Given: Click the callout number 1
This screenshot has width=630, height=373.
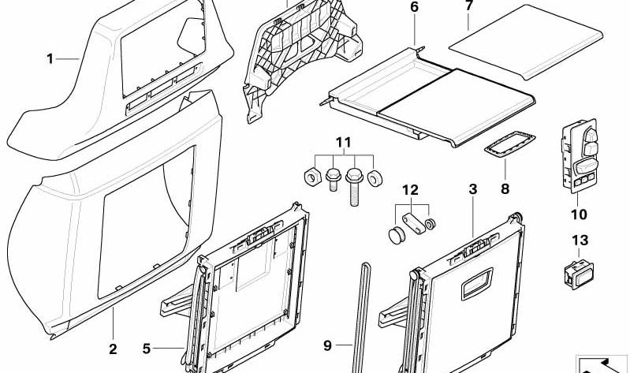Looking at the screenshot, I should pyautogui.click(x=50, y=58).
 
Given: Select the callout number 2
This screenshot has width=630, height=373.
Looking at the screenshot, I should pyautogui.click(x=113, y=349).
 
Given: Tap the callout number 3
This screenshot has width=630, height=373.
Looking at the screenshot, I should pyautogui.click(x=472, y=189).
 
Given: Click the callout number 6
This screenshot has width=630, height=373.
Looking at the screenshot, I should pyautogui.click(x=415, y=7).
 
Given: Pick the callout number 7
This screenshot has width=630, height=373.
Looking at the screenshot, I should pyautogui.click(x=468, y=6).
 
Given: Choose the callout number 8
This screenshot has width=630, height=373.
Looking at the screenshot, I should pyautogui.click(x=505, y=189).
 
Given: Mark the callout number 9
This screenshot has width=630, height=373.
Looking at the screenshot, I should pyautogui.click(x=328, y=345).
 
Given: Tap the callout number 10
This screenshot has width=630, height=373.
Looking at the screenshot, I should pyautogui.click(x=580, y=214).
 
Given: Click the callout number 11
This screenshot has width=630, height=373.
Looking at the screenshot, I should pyautogui.click(x=341, y=142).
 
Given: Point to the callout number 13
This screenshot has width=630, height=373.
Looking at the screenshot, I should pyautogui.click(x=580, y=240).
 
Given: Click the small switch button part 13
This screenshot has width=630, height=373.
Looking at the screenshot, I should pyautogui.click(x=580, y=273).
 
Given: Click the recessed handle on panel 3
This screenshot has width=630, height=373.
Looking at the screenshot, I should pyautogui.click(x=475, y=278).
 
